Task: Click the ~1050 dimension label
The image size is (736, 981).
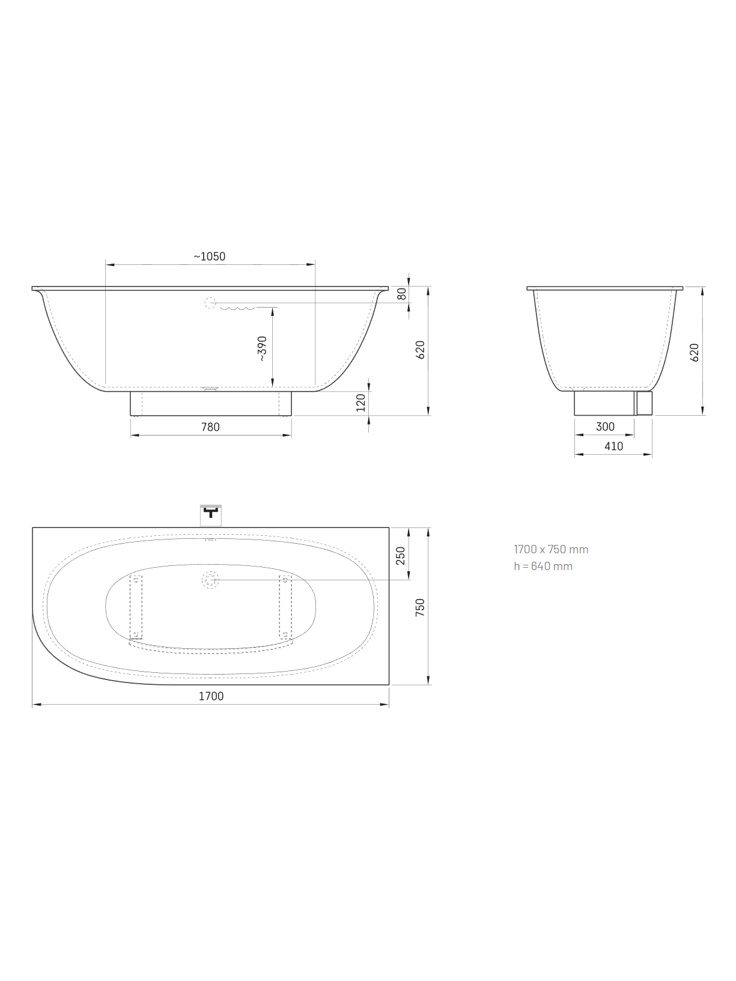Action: tap(209, 257)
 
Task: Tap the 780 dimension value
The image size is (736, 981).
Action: tap(210, 427)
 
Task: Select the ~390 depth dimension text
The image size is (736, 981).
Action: tap(262, 348)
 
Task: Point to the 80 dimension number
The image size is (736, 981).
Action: tap(402, 294)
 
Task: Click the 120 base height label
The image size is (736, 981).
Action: tap(360, 402)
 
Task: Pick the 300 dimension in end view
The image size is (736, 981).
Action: tap(605, 427)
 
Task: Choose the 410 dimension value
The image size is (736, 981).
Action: tap(613, 446)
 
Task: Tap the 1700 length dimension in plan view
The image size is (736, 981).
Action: tap(211, 696)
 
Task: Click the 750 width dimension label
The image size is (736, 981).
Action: tap(420, 608)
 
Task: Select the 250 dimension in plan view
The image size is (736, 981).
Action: tap(400, 556)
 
